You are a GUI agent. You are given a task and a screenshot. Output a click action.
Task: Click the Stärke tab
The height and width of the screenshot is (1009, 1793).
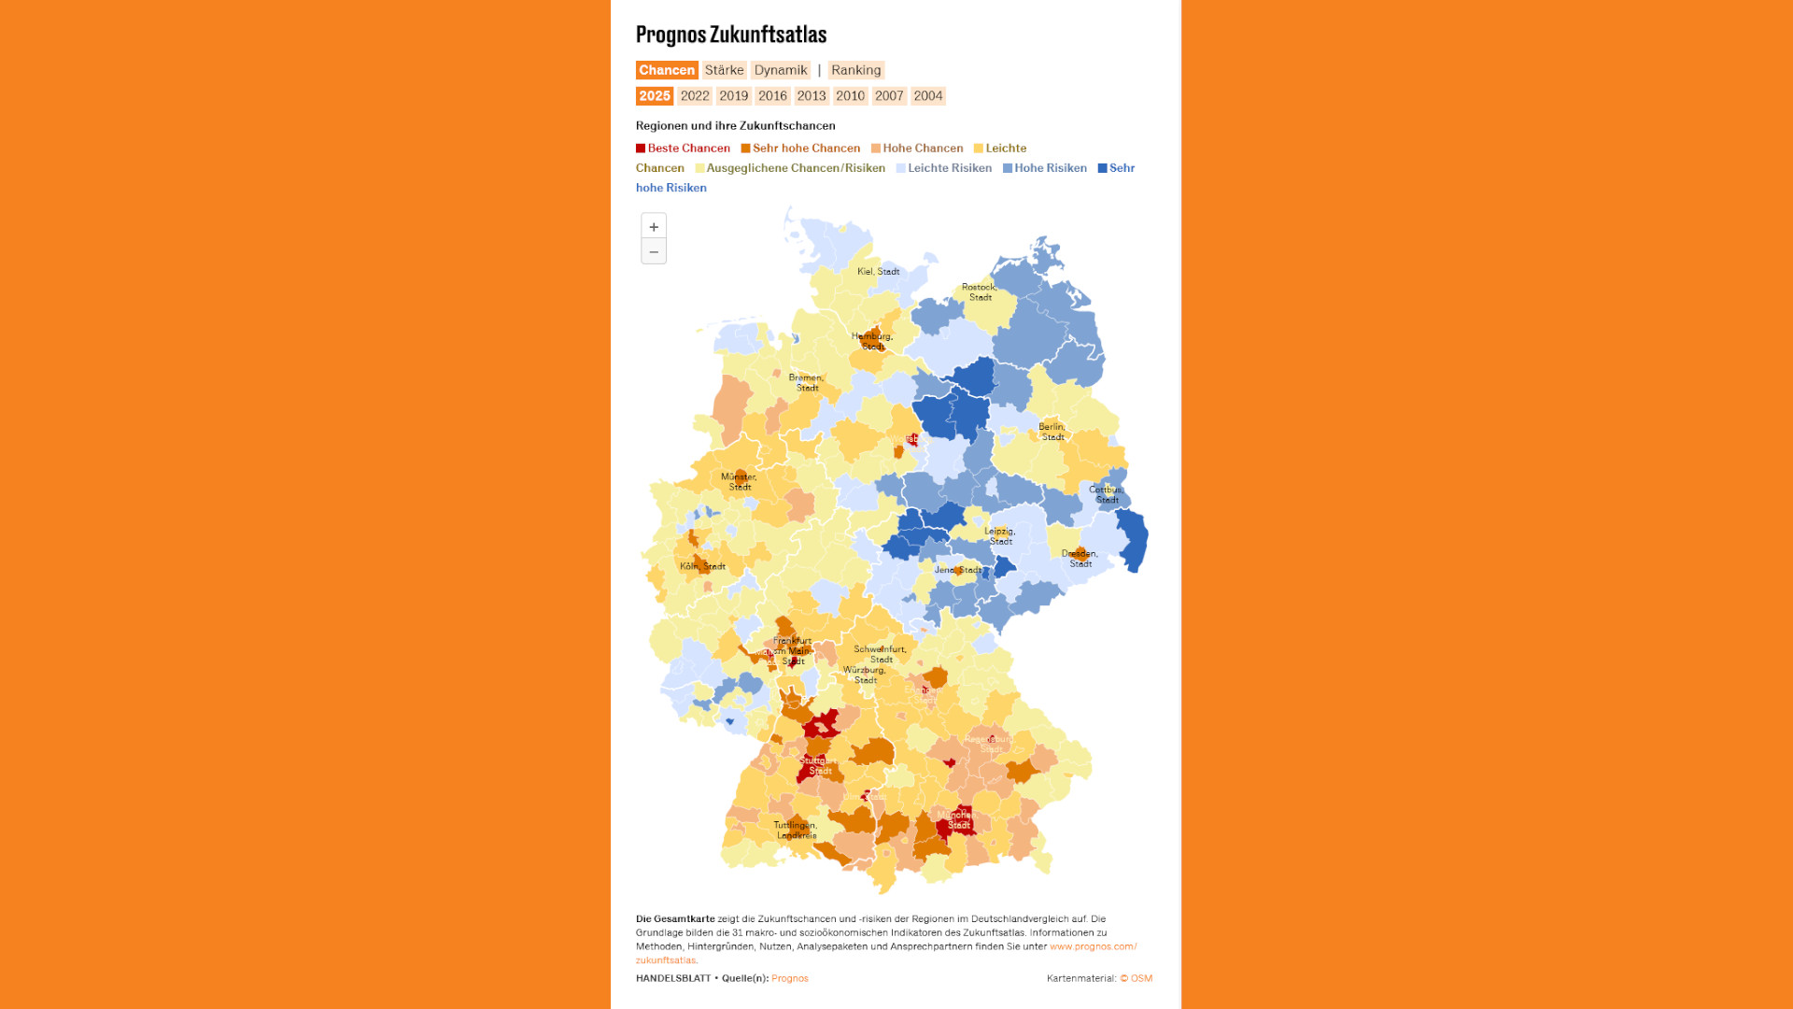click(x=724, y=70)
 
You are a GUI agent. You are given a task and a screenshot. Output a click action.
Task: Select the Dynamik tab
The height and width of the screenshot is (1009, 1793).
click(x=781, y=70)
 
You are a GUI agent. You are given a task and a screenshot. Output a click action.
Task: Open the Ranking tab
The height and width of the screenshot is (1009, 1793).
click(x=855, y=70)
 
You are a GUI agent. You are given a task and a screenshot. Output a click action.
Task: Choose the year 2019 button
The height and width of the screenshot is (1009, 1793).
click(x=733, y=96)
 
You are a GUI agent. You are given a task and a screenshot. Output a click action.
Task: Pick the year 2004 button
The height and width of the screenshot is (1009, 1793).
click(x=927, y=96)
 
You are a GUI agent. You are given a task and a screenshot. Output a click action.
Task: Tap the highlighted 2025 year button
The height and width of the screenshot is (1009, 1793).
click(x=654, y=96)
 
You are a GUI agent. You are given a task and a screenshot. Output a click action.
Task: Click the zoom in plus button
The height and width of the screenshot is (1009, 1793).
click(x=654, y=227)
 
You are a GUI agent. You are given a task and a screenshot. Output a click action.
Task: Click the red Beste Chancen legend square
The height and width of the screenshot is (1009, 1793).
click(x=641, y=149)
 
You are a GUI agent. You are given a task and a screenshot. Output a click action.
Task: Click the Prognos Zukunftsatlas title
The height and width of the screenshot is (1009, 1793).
click(x=730, y=35)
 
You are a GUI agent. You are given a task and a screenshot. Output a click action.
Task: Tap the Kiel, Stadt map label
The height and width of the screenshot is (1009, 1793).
click(x=878, y=272)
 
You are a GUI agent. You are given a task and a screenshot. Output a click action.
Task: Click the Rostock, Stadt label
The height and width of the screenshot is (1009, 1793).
click(x=979, y=292)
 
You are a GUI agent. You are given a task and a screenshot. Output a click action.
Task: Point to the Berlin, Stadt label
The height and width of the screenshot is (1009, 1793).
click(x=1052, y=432)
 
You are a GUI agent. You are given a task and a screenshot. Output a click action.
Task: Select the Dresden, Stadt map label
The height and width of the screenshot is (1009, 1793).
click(x=1080, y=559)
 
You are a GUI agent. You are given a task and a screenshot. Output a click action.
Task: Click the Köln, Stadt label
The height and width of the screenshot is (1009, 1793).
click(x=702, y=566)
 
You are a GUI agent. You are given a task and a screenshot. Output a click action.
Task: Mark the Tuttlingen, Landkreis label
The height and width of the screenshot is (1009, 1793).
click(x=796, y=830)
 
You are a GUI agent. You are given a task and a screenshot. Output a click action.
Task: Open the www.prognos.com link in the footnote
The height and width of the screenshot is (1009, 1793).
click(x=1093, y=946)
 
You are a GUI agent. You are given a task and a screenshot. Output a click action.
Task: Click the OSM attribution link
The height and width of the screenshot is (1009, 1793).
click(x=1140, y=978)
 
